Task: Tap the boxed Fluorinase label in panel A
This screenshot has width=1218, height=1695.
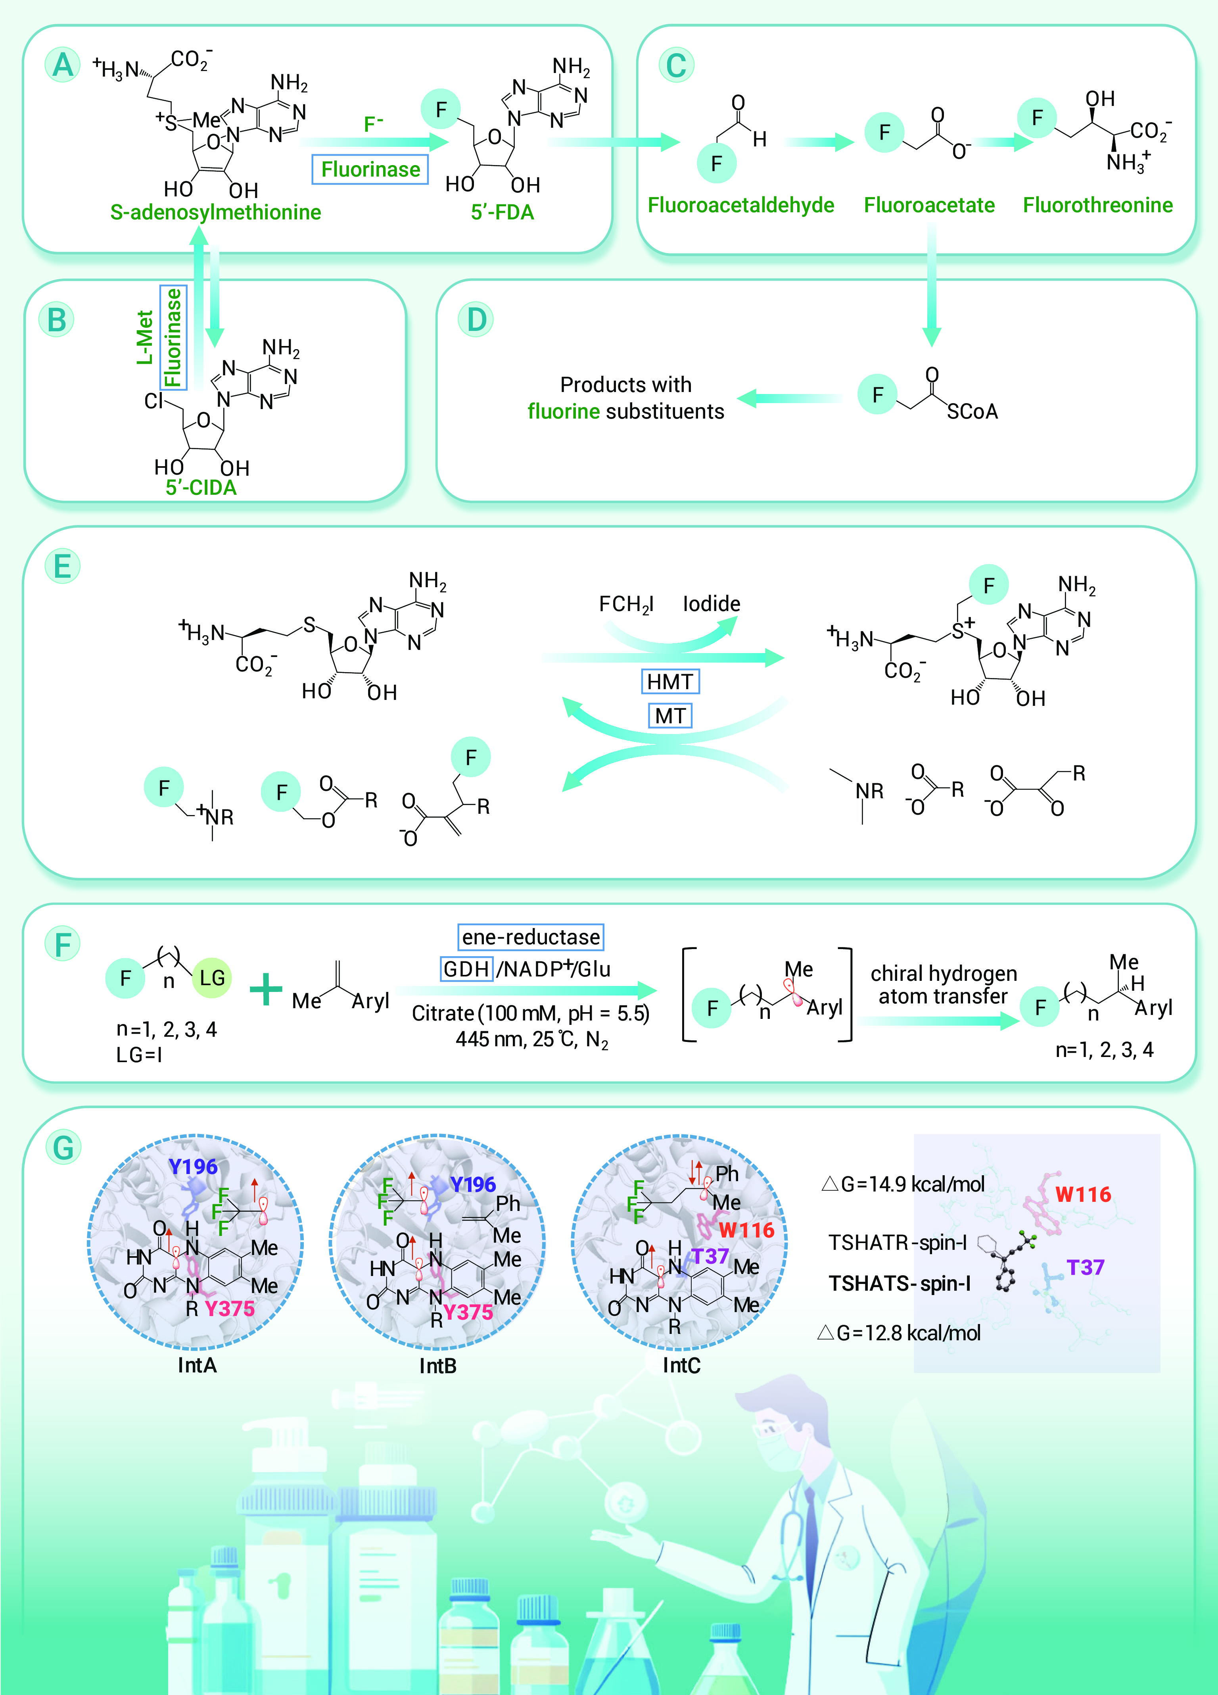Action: pyautogui.click(x=370, y=170)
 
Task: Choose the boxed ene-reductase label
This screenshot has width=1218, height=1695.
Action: pyautogui.click(x=531, y=936)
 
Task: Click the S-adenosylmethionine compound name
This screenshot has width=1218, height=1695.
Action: pyautogui.click(x=215, y=212)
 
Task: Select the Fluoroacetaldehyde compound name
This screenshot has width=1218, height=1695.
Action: pyautogui.click(x=740, y=205)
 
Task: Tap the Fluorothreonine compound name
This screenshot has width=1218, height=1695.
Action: pyautogui.click(x=1098, y=205)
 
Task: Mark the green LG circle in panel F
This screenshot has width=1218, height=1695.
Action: pyautogui.click(x=212, y=978)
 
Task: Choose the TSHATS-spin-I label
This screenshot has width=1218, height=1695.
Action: pyautogui.click(x=900, y=1283)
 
